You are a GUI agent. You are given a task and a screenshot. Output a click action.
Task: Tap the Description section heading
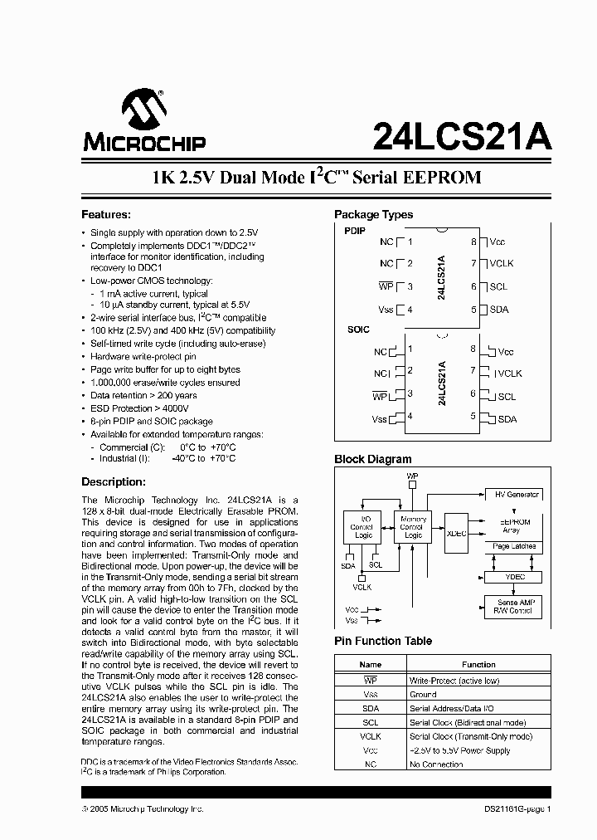point(114,482)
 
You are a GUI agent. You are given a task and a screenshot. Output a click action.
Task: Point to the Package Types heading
point(373,213)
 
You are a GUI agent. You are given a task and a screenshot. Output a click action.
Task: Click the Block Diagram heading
point(372,459)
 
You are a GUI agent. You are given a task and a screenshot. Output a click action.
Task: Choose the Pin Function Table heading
point(384,641)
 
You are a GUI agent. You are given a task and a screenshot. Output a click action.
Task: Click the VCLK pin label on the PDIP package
point(502,264)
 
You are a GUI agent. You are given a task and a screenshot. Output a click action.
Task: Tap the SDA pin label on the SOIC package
point(507,419)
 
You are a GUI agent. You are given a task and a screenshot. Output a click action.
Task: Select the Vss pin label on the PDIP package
point(386,310)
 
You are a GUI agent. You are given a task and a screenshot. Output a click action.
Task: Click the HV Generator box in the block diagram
point(517,494)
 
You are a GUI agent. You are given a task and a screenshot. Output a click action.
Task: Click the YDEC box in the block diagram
point(515,577)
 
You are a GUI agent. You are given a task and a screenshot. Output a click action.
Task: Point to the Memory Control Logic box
point(412,527)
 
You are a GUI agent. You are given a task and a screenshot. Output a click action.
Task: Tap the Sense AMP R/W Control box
point(513,607)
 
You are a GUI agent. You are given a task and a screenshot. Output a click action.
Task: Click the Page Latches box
point(514,547)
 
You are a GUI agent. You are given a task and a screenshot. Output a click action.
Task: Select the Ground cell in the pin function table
point(423,694)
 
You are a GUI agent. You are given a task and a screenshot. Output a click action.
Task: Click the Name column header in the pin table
point(371,664)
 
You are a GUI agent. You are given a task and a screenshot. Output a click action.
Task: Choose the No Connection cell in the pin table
point(436,764)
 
